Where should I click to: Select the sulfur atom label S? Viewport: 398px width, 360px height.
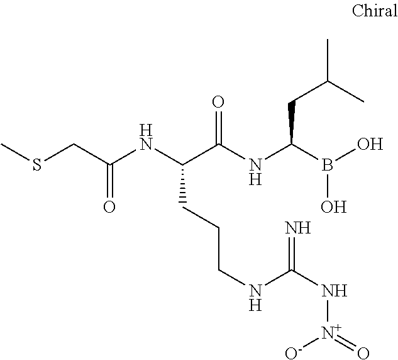[x=37, y=166]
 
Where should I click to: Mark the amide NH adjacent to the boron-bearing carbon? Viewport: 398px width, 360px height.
[x=254, y=171]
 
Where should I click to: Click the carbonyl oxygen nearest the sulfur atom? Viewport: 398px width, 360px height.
[x=109, y=208]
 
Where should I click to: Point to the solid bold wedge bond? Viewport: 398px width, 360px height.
[x=292, y=124]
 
